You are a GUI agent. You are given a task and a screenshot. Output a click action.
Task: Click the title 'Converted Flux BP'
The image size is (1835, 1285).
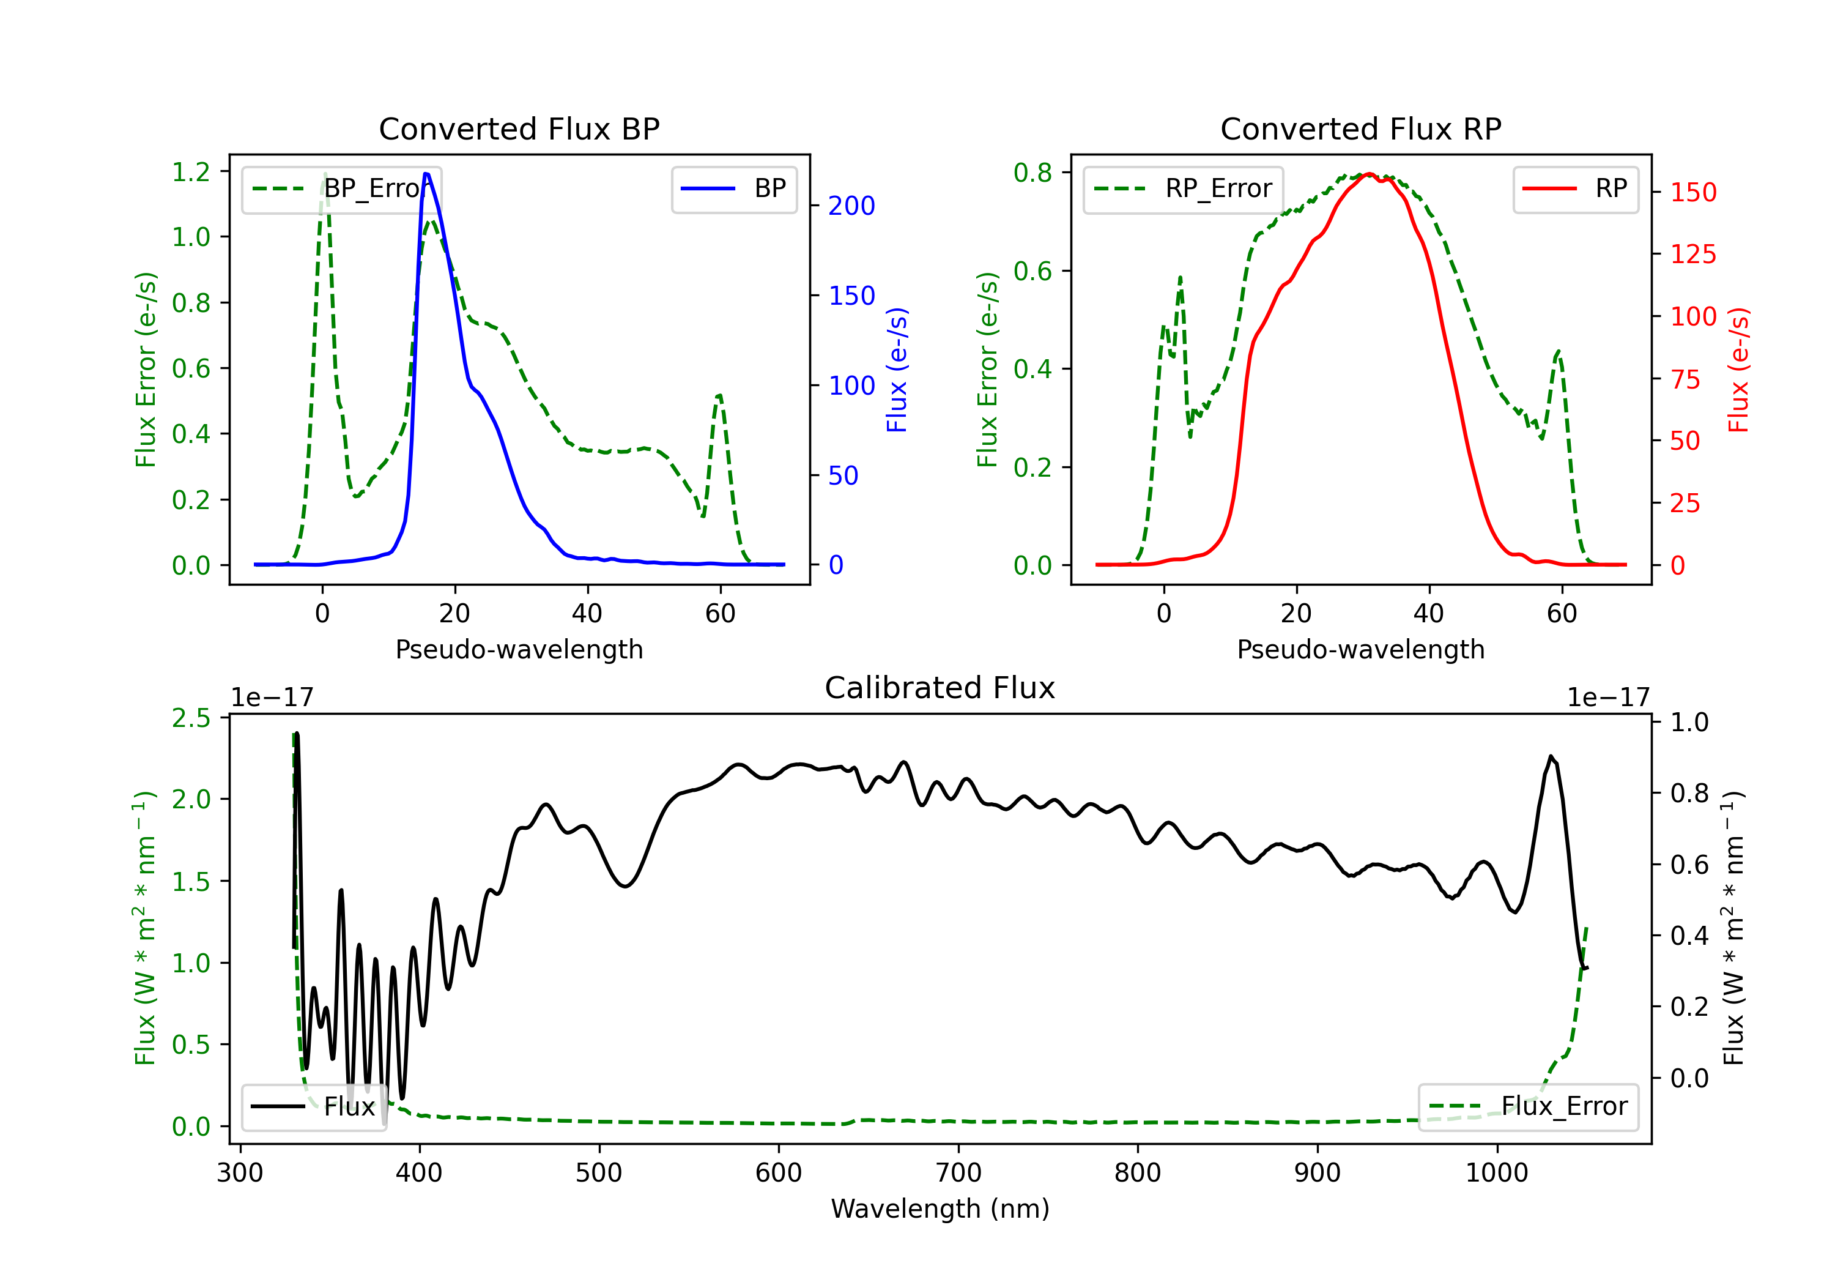[x=519, y=128]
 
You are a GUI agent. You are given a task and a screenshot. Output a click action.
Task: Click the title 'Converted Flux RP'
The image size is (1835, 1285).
[x=1361, y=128]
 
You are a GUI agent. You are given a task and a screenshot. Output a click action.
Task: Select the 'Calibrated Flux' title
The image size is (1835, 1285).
[x=940, y=688]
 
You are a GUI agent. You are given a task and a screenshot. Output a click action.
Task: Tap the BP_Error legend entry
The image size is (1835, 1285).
[x=342, y=188]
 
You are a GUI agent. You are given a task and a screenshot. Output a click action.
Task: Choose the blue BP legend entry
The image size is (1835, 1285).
[x=733, y=188]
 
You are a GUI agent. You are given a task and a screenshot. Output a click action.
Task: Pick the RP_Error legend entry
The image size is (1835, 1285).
[x=1183, y=188]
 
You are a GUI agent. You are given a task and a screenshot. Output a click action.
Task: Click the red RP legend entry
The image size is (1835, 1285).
[x=1575, y=188]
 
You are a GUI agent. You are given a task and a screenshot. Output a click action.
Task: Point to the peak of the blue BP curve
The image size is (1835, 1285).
[x=426, y=174]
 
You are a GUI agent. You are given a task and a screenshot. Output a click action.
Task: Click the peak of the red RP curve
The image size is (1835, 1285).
[x=1369, y=174]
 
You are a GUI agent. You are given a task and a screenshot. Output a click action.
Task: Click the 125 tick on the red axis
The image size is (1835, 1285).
[x=1692, y=255]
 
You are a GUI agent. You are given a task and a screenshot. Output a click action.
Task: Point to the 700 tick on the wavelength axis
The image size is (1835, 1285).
[x=958, y=1173]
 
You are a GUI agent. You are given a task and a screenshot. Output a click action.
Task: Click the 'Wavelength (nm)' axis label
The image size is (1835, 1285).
[x=940, y=1209]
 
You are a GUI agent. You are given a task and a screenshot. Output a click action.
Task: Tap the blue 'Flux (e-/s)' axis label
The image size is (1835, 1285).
[x=897, y=370]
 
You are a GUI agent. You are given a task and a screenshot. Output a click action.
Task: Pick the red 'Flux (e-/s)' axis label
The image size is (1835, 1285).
[x=1738, y=370]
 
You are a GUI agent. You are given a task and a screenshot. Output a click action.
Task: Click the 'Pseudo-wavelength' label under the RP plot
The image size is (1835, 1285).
[x=1361, y=649]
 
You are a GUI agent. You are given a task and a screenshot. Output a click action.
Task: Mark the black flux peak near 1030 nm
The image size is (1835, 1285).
[x=1551, y=756]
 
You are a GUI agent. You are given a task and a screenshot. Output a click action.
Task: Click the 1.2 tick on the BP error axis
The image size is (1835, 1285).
[x=191, y=172]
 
